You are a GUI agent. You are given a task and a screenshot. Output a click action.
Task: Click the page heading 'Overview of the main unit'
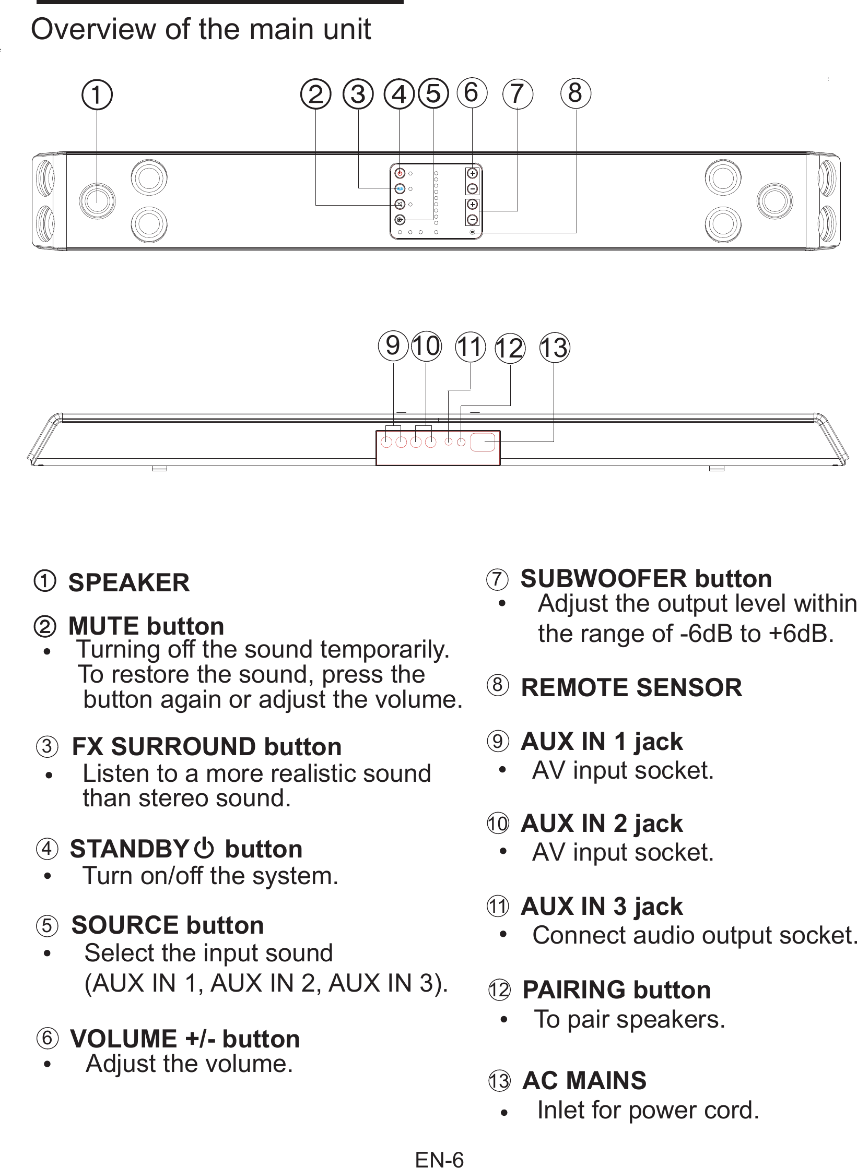click(x=201, y=30)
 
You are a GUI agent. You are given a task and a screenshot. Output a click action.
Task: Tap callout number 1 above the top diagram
click(x=97, y=95)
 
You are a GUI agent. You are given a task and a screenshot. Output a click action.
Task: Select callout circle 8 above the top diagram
click(x=576, y=93)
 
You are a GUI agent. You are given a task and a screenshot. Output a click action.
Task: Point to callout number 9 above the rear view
click(x=393, y=345)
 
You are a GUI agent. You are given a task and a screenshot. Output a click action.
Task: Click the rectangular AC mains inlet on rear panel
click(x=483, y=442)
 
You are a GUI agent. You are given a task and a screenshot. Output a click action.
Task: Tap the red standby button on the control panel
click(x=400, y=173)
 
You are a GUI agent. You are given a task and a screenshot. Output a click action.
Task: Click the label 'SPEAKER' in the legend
click(x=129, y=582)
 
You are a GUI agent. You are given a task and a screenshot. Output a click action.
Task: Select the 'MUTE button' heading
click(x=146, y=626)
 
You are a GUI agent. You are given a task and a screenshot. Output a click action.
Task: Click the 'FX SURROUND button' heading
click(x=206, y=746)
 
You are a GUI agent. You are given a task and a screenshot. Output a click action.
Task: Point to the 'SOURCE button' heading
click(x=168, y=925)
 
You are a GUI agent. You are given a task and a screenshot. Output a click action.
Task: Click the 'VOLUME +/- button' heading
click(x=185, y=1039)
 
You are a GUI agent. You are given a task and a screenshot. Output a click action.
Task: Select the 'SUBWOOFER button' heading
click(x=646, y=578)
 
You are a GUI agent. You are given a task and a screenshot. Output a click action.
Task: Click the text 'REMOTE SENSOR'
click(x=631, y=687)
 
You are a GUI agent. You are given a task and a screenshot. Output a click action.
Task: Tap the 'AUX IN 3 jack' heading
click(x=602, y=906)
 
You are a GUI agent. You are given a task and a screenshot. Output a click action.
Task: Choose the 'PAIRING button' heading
click(x=617, y=990)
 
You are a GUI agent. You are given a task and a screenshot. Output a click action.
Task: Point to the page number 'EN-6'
click(x=439, y=1159)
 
